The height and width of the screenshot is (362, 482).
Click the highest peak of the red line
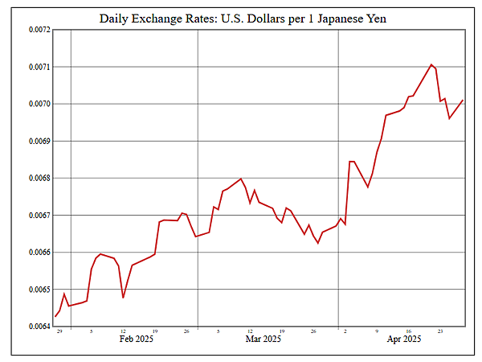click(x=431, y=64)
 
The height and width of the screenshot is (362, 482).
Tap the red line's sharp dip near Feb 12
click(x=123, y=298)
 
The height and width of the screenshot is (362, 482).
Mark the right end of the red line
click(x=463, y=100)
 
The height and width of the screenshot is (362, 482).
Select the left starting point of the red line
click(x=55, y=316)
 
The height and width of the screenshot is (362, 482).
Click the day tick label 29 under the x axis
click(x=59, y=331)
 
